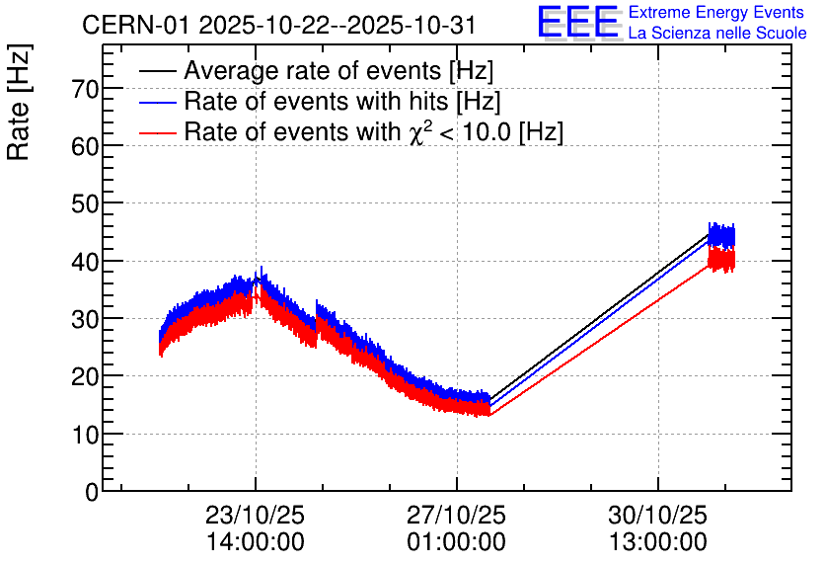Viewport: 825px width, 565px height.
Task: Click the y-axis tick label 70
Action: [86, 89]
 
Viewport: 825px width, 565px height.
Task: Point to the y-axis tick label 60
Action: [86, 146]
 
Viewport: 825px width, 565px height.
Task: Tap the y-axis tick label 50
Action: [86, 203]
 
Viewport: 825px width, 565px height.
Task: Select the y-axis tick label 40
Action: [86, 262]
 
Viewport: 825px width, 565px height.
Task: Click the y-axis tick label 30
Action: [86, 319]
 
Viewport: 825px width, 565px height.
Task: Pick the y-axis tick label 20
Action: [86, 376]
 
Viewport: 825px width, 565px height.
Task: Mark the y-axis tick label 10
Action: [86, 434]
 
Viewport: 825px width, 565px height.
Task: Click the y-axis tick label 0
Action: [92, 492]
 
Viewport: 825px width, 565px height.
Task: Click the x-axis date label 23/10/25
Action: [256, 515]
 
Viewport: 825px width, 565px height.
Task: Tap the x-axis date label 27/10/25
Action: [457, 515]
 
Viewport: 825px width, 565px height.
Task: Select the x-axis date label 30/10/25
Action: [657, 515]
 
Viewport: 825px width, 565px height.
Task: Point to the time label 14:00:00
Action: [256, 541]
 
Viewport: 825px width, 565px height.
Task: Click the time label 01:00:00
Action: [457, 541]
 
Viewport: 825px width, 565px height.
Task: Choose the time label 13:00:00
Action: [657, 541]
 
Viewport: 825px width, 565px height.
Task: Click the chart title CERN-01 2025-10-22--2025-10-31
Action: [279, 25]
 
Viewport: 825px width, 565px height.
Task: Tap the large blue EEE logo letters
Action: [578, 23]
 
